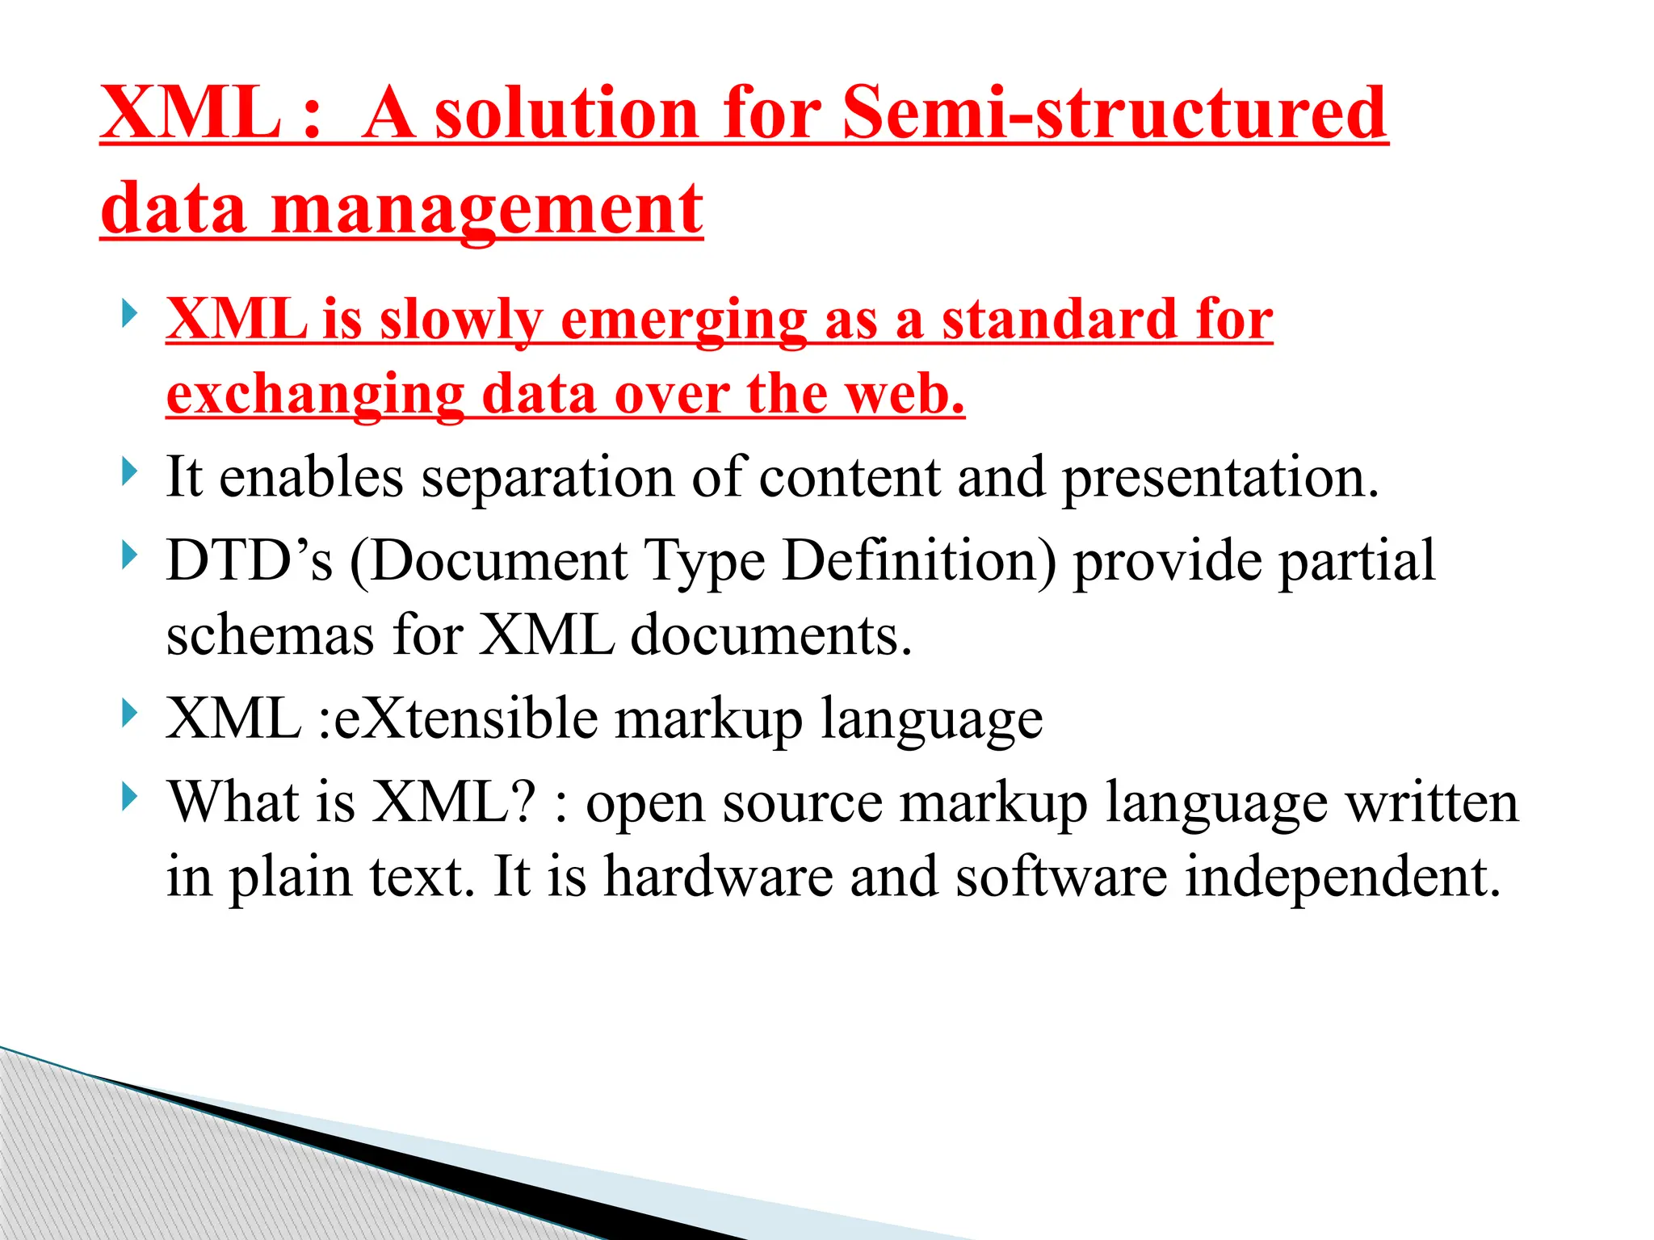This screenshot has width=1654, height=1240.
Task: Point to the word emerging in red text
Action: (x=683, y=320)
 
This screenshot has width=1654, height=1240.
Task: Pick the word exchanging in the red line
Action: (x=316, y=395)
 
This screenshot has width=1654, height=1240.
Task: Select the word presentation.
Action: (x=1220, y=478)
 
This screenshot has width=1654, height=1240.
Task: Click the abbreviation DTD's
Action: (x=250, y=560)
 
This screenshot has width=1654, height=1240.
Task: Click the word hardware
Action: (x=718, y=877)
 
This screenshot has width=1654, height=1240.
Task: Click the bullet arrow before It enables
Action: (x=128, y=471)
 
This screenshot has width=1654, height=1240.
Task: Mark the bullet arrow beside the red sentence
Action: (x=128, y=313)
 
